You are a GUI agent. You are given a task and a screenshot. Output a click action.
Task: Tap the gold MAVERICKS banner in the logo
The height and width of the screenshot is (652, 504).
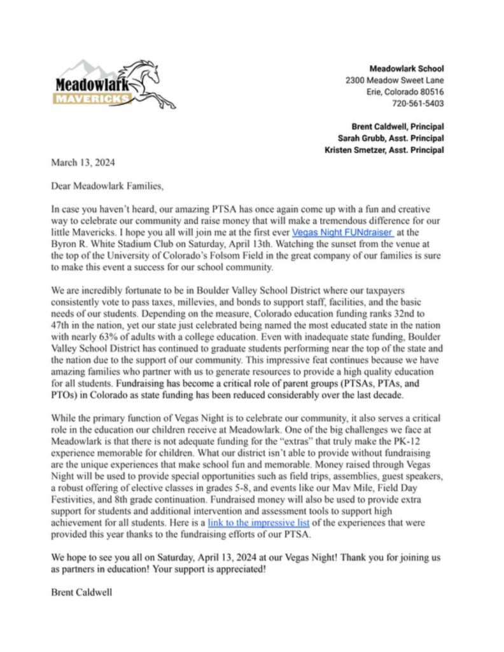(92, 99)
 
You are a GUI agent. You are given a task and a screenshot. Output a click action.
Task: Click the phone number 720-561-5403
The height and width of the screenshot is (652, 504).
(417, 103)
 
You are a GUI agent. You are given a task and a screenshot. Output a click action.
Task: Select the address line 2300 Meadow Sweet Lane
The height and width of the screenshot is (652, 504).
(395, 80)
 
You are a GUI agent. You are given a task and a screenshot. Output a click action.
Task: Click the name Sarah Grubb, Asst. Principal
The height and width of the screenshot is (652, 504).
(391, 138)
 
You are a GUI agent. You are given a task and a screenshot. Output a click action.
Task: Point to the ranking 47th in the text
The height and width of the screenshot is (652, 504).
(61, 323)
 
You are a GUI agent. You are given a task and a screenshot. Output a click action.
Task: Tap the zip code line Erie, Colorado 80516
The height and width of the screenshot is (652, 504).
(405, 92)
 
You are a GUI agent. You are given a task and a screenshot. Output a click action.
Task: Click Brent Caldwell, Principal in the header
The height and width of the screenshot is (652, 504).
(397, 126)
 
